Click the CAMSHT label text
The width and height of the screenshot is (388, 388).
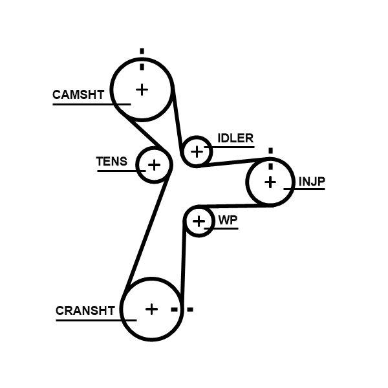(78, 95)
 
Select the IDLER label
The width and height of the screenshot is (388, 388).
(235, 138)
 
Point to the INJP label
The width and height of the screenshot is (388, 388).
(311, 182)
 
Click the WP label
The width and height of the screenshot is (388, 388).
(228, 221)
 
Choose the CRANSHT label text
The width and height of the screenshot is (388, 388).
(85, 310)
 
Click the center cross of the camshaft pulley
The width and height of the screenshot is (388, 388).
(141, 89)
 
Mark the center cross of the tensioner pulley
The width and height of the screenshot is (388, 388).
(154, 165)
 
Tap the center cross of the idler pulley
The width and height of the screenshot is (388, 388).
(197, 152)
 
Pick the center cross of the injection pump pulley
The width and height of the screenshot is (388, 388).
(270, 182)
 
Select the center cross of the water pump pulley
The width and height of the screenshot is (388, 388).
(199, 222)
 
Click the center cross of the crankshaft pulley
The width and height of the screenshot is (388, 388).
(151, 309)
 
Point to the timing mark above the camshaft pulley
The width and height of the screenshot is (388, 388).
(142, 57)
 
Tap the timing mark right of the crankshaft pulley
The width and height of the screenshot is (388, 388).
(182, 310)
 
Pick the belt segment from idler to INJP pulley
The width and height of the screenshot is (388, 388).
(233, 162)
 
